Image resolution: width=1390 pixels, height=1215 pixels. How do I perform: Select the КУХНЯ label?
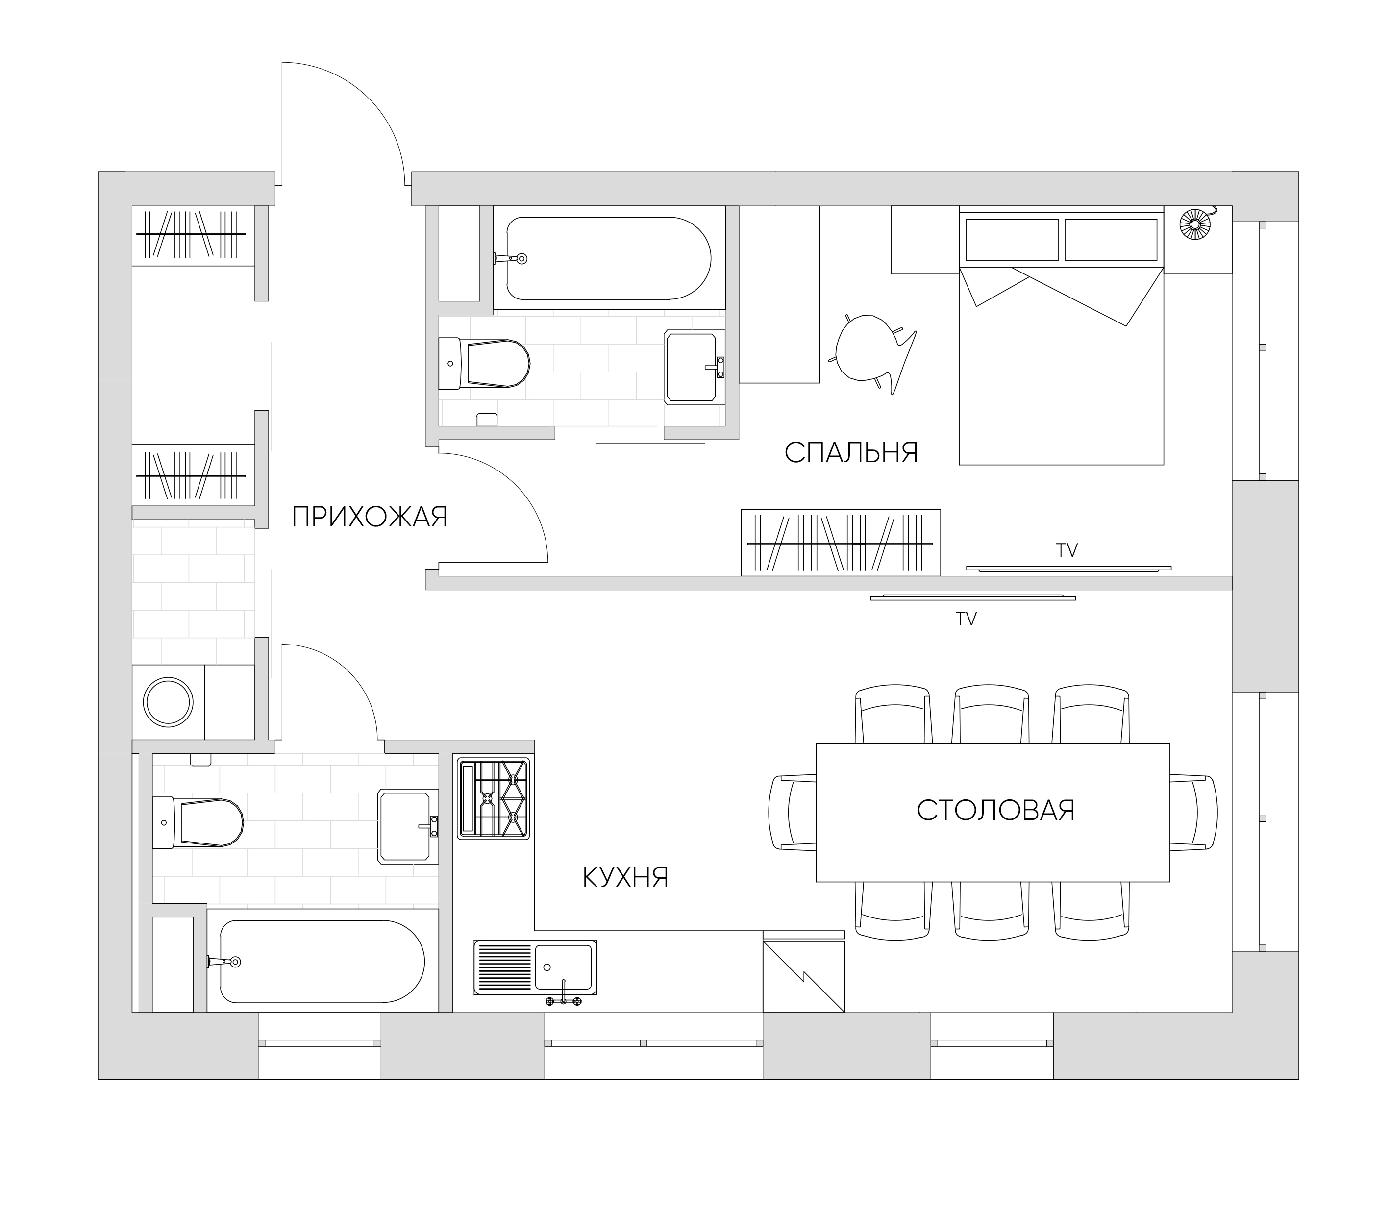[x=625, y=877]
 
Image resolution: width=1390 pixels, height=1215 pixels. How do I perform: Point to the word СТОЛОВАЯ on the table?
[x=995, y=810]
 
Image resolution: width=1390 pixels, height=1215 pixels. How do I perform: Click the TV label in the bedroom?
[x=1067, y=550]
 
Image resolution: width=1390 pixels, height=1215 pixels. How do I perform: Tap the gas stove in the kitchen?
[x=493, y=799]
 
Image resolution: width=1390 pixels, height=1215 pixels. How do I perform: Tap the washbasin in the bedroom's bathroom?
[x=694, y=367]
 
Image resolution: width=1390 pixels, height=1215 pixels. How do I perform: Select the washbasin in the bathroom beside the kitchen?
[x=407, y=826]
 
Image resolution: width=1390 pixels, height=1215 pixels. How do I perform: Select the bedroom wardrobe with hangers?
[x=841, y=543]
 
